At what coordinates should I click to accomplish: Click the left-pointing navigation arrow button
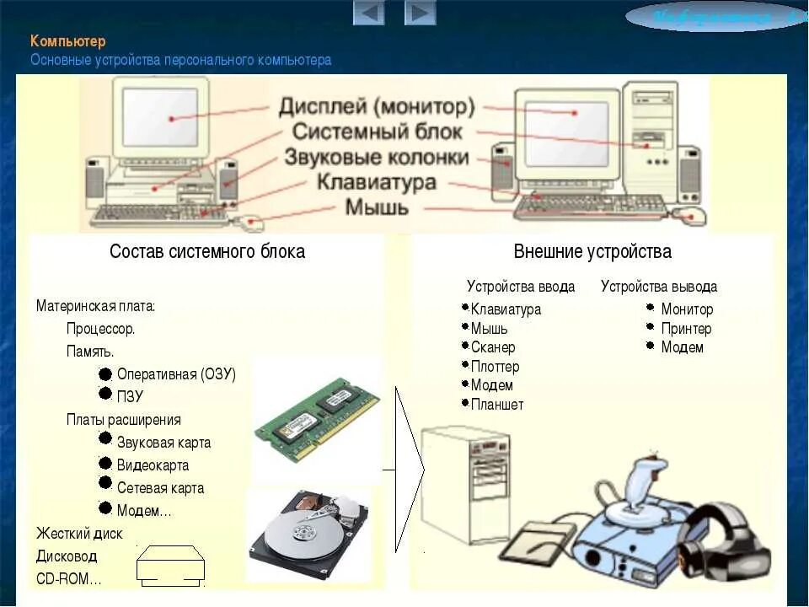[369, 13]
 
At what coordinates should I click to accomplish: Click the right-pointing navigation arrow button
[420, 13]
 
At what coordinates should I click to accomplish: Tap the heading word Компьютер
[68, 41]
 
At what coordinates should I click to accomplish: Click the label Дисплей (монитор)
[378, 108]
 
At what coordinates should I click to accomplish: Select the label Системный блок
[378, 132]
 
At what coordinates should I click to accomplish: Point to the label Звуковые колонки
[376, 158]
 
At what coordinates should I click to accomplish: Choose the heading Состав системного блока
[207, 251]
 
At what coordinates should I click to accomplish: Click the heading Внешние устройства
[592, 251]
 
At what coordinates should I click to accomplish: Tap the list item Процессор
[101, 329]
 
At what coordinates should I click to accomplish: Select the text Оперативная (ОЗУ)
[176, 374]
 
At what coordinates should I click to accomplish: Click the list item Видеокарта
[153, 465]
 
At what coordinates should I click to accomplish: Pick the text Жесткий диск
[79, 534]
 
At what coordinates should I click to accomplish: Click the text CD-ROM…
[68, 579]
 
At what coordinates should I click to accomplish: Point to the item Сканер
[493, 347]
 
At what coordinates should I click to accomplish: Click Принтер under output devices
[686, 329]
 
